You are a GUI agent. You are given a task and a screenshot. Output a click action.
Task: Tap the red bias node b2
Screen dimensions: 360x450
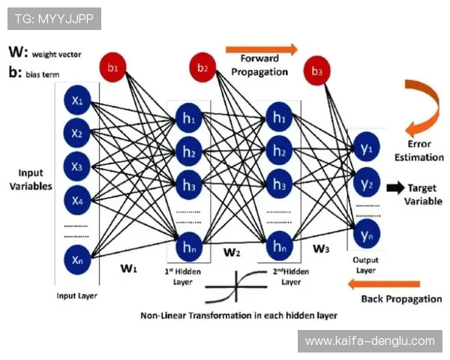(x=203, y=67)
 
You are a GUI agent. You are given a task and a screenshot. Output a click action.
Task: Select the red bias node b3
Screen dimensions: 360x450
(x=317, y=72)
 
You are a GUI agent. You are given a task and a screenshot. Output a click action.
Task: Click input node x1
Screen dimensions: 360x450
(x=77, y=100)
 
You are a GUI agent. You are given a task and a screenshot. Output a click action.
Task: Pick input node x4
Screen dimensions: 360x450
(x=77, y=199)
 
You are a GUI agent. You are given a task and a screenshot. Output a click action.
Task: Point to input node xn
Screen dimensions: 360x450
(x=77, y=259)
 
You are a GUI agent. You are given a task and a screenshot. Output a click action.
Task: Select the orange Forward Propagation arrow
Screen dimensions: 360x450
(x=261, y=49)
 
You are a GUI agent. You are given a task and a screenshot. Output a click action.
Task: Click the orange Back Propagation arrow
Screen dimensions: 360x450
(x=385, y=283)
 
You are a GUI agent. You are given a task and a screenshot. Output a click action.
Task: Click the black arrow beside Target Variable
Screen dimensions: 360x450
(x=395, y=188)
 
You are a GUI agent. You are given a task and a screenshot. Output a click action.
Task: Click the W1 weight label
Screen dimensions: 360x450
(x=128, y=267)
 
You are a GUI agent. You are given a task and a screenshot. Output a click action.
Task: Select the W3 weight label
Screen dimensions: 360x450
(x=320, y=248)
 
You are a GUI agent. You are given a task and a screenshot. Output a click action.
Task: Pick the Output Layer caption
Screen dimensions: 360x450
(x=364, y=265)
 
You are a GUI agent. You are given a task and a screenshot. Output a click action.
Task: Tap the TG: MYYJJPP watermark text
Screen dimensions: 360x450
(x=54, y=19)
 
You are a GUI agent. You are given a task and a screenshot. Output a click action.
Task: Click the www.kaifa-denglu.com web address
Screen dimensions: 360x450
(x=370, y=341)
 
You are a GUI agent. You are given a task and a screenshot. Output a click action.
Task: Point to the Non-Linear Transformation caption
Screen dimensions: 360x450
(x=238, y=315)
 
